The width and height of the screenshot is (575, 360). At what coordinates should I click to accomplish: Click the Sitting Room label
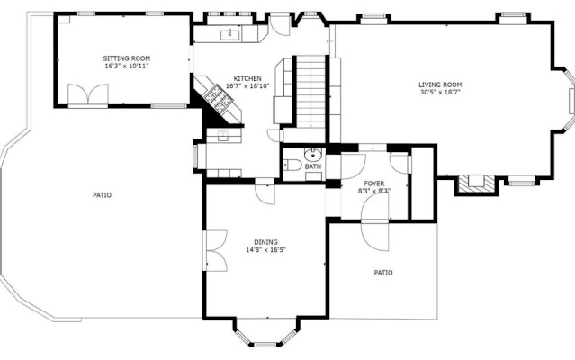coord(127,58)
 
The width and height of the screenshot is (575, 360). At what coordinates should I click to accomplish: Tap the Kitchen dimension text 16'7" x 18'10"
coord(247,86)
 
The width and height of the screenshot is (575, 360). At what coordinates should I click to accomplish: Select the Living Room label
coord(440,85)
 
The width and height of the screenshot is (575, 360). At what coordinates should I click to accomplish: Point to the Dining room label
coord(265,242)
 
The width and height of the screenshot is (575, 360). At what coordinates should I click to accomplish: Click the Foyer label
coord(374,184)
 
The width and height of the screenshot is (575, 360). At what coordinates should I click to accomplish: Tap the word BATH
coord(313,166)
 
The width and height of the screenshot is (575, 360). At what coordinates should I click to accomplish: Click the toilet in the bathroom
coord(292,165)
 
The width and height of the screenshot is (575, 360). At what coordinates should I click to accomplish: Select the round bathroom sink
coord(313,155)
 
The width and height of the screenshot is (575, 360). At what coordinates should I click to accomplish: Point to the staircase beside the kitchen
coord(310,92)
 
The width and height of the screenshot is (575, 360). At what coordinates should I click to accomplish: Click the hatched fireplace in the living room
coord(477,184)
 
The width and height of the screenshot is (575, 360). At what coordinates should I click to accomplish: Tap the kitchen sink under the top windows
coord(230,35)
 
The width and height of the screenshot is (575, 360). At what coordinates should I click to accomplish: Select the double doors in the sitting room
coord(88,94)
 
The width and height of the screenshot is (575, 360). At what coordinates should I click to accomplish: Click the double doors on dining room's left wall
coord(216,251)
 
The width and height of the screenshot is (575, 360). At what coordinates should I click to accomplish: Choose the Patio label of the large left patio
coord(102,195)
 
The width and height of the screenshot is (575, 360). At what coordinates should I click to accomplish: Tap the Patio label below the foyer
coord(383,273)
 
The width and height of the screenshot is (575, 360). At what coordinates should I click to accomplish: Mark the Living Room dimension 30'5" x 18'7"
coord(440,92)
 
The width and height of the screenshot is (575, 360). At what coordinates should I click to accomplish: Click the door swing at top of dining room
coord(265,192)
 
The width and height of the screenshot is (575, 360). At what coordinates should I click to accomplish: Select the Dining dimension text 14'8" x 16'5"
coord(265,250)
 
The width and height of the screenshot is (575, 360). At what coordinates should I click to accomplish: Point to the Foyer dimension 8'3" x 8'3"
coord(374,191)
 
